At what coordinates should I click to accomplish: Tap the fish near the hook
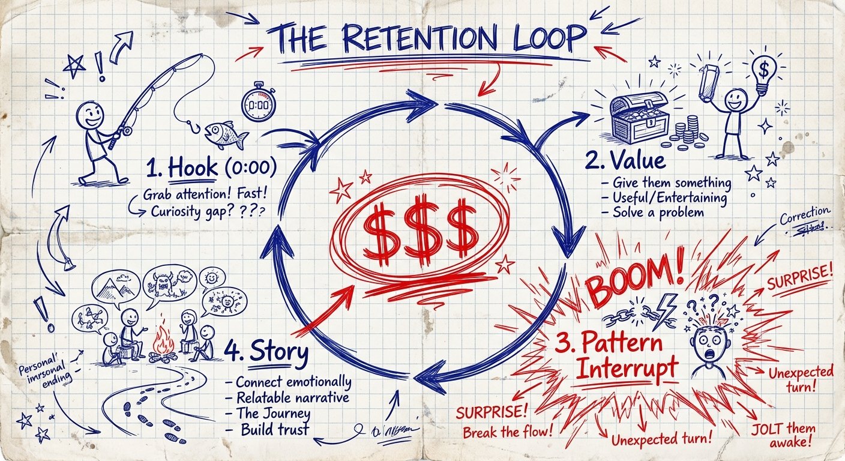click(225, 134)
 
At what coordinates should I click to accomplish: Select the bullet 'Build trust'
click(273, 429)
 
